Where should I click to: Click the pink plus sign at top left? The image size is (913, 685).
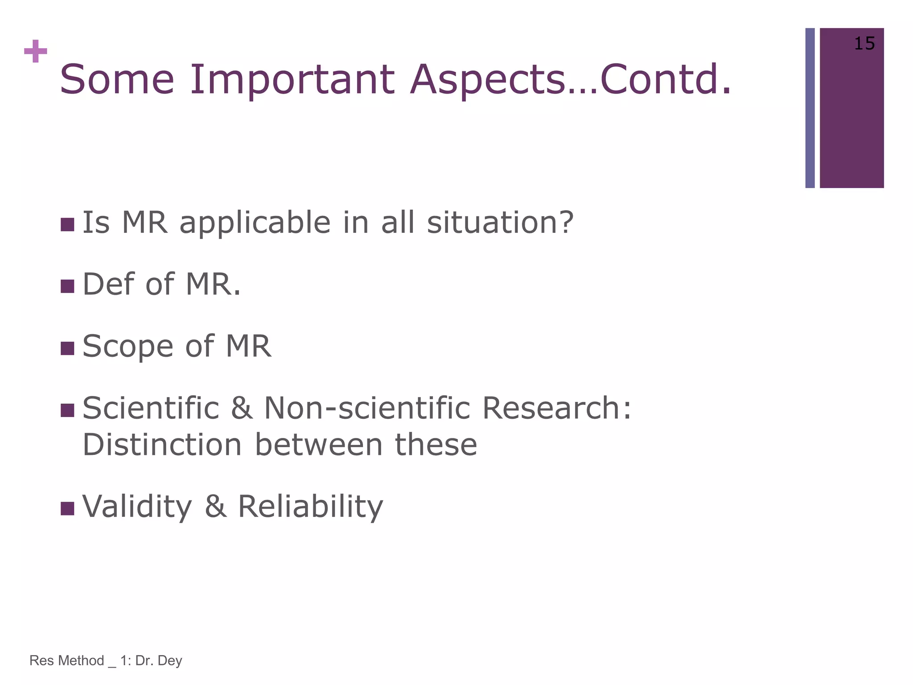click(x=36, y=52)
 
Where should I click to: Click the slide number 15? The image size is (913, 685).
click(x=864, y=44)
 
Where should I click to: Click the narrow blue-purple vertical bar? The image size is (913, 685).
click(x=810, y=108)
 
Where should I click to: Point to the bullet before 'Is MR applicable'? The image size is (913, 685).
click(x=67, y=224)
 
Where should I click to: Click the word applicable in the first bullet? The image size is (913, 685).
click(x=255, y=223)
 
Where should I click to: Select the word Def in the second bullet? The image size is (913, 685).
click(x=108, y=284)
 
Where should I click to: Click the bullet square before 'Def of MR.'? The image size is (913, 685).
click(x=67, y=286)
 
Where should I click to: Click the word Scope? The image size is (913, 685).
click(x=127, y=347)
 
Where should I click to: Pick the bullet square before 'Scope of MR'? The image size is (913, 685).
click(x=67, y=348)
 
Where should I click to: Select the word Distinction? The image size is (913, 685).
click(x=162, y=445)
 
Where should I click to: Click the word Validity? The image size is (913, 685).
click(x=137, y=507)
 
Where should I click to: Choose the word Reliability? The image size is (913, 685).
click(x=310, y=507)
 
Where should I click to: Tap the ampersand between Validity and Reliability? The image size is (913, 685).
click(x=216, y=507)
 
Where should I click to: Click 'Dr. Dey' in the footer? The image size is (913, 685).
click(x=159, y=660)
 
